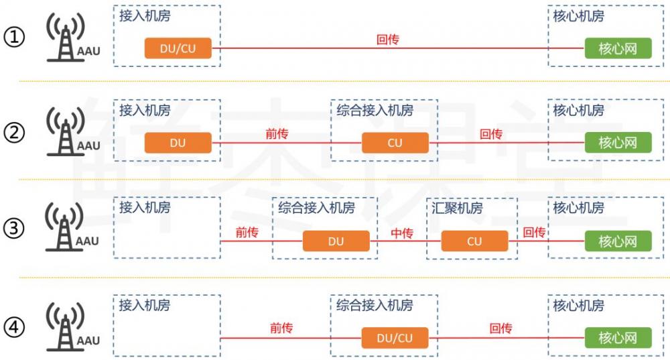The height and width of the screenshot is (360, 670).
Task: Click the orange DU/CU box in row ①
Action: point(178,48)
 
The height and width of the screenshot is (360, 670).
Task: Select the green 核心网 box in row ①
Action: point(618,48)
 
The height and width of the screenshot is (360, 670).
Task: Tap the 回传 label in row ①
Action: point(388,40)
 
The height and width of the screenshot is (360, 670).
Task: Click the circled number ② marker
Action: point(14,133)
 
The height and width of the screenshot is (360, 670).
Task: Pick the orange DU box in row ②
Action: point(178,143)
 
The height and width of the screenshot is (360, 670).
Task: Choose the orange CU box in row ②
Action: point(395,143)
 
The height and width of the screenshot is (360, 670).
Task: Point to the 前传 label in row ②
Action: point(277,134)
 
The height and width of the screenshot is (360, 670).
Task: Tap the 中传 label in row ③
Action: point(401,233)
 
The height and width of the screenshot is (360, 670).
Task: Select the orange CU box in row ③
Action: point(474,241)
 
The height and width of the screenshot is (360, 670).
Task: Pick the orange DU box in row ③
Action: point(336,241)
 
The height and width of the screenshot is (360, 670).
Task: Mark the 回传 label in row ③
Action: point(534,233)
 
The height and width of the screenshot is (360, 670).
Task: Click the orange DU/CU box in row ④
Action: point(395,338)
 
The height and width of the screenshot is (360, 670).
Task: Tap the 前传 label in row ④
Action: point(281,328)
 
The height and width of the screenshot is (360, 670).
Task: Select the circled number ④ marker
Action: point(14,328)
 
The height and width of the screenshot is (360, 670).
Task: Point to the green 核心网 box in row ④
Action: point(618,338)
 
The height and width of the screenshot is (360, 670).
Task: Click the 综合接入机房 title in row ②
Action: point(375,111)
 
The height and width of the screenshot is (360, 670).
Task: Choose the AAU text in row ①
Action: point(88,50)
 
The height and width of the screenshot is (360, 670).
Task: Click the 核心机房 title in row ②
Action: point(578,111)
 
